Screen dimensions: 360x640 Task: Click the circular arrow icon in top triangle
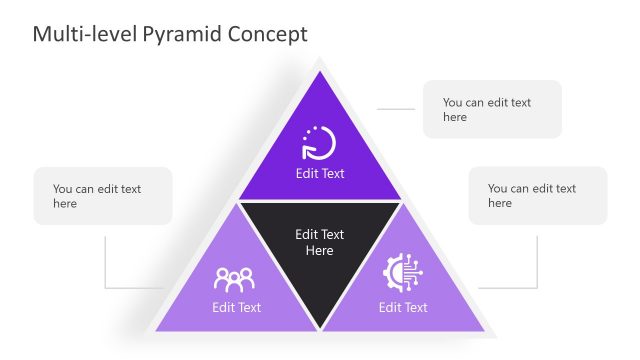(319, 144)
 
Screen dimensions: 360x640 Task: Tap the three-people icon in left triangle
(235, 278)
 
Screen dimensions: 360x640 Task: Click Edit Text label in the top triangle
(320, 173)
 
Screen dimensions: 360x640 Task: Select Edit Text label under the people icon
(236, 307)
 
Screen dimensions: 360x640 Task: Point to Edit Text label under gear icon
(403, 307)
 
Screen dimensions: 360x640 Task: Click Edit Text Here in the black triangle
(320, 242)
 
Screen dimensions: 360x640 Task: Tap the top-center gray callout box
(492, 109)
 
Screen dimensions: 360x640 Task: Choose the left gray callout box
(103, 195)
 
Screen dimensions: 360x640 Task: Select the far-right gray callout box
(538, 195)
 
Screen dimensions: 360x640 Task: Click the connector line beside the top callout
(395, 109)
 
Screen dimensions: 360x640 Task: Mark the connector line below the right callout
(536, 262)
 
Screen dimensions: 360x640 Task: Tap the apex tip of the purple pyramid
(320, 72)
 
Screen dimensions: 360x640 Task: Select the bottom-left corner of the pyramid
(156, 330)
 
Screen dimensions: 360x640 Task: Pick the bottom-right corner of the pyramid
(484, 330)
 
